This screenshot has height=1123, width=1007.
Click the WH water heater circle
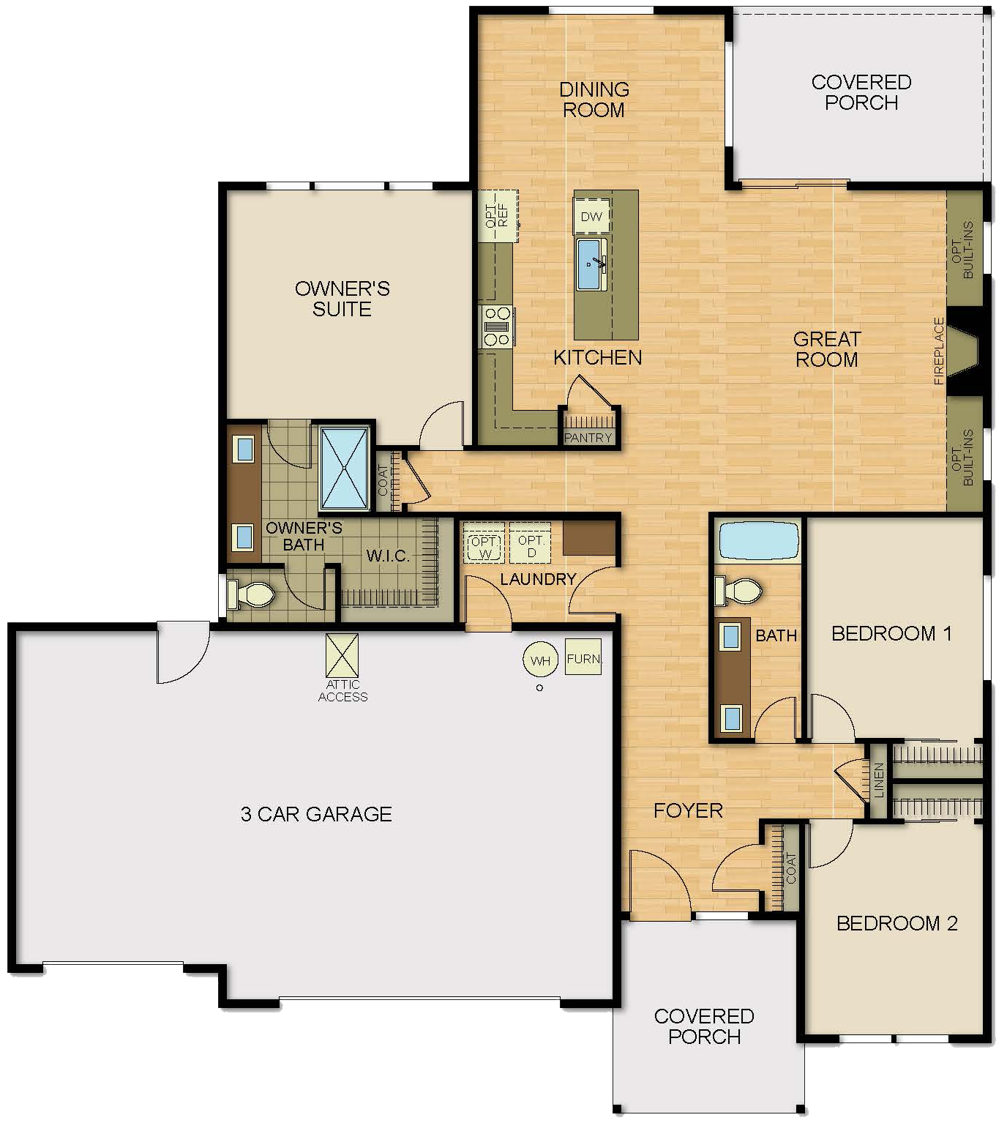(540, 660)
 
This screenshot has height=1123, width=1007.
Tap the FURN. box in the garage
(583, 657)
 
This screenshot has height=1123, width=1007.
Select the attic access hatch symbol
(342, 654)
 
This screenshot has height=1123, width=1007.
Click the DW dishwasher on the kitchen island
(591, 216)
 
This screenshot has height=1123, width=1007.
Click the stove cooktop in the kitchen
(496, 327)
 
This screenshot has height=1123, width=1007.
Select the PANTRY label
(588, 438)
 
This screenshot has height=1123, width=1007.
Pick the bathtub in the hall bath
(757, 542)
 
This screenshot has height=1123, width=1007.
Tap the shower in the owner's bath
(344, 469)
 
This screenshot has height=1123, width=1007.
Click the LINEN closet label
(879, 780)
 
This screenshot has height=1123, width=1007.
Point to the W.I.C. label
(388, 556)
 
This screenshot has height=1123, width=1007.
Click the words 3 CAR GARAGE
(316, 814)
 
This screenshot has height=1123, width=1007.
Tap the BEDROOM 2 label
(896, 923)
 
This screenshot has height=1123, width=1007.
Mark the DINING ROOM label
(594, 100)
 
